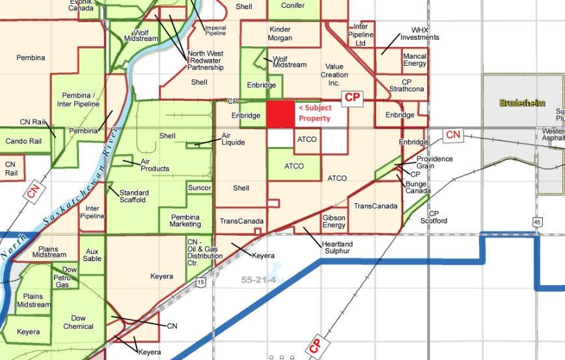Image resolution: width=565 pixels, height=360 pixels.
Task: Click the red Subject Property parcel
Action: (281, 114)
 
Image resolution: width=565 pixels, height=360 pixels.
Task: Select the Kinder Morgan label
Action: (280, 33)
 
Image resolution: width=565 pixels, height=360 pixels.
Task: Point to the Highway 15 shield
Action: (201, 282)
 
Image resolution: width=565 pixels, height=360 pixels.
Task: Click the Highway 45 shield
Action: (537, 223)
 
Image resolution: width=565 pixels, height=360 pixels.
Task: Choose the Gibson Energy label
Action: (334, 221)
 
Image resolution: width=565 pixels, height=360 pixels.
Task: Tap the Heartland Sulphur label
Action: (337, 247)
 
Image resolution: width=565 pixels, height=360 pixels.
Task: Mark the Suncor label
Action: (199, 188)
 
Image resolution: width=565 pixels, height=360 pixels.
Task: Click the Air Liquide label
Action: (233, 139)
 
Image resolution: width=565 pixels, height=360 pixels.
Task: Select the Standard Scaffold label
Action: (134, 196)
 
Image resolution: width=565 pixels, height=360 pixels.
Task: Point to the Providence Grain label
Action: (435, 162)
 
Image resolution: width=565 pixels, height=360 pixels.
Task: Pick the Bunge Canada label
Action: (418, 187)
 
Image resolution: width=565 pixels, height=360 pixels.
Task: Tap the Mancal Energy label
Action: (415, 60)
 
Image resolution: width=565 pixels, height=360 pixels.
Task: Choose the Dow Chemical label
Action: (78, 322)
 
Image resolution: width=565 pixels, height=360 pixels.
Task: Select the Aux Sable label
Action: (92, 255)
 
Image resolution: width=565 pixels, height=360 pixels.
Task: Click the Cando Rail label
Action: (23, 141)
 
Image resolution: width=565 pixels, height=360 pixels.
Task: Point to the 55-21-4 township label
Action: (258, 280)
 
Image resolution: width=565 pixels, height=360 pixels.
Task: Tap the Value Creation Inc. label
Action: (334, 75)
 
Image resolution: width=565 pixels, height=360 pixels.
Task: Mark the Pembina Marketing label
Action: (186, 221)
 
